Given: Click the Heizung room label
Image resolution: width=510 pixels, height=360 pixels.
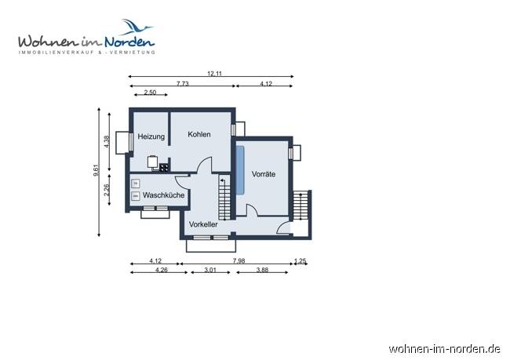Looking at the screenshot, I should (x=151, y=137).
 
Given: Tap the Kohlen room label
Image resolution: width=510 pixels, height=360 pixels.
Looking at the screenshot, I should (x=199, y=134).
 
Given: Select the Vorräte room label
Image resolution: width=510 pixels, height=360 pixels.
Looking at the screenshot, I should (x=263, y=174).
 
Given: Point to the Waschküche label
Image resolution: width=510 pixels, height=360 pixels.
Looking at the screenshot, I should (x=163, y=195).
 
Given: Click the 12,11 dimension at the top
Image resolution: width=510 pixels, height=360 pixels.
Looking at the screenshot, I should (x=213, y=73).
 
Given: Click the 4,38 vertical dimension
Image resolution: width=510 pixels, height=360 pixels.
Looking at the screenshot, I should (x=107, y=141).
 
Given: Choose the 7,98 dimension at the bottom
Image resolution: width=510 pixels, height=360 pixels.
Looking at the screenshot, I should (x=237, y=261).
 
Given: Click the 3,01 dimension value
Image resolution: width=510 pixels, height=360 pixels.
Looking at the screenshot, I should (x=209, y=271).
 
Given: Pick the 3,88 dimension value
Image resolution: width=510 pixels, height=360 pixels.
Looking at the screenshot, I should (x=261, y=271).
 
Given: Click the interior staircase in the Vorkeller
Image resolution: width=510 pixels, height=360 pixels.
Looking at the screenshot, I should (x=224, y=197).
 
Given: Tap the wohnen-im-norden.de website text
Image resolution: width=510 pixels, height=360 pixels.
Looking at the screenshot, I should (x=445, y=347).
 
